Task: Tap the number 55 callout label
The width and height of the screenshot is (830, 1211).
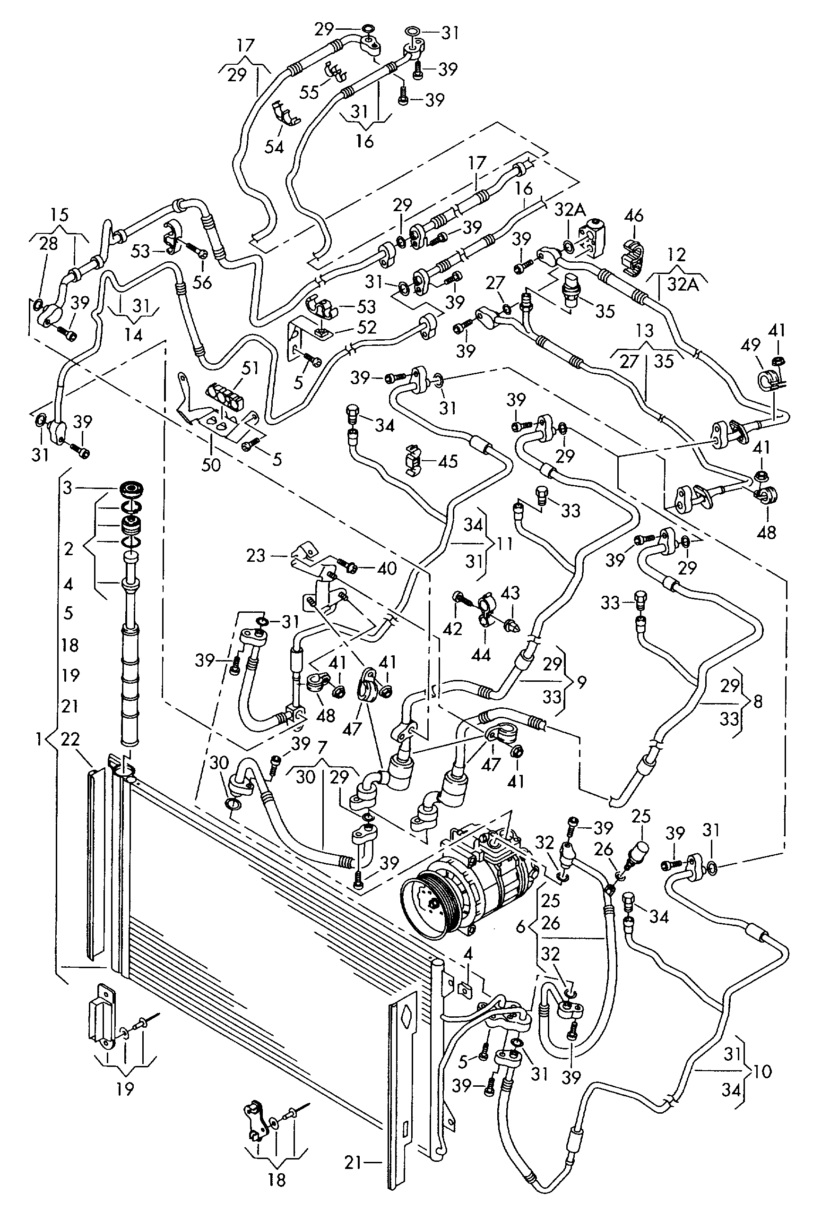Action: click(x=309, y=92)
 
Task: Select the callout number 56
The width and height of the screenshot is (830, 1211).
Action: click(x=202, y=282)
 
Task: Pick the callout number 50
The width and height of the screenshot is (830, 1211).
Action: click(x=211, y=464)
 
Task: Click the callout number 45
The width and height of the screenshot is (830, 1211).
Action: click(x=448, y=461)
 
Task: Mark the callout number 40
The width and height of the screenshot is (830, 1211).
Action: click(x=387, y=567)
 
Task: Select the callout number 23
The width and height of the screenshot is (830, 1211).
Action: click(x=256, y=556)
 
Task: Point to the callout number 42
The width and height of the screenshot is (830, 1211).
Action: click(x=452, y=628)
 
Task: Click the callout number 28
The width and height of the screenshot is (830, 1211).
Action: click(x=49, y=243)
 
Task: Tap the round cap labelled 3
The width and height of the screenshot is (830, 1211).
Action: click(x=131, y=490)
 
